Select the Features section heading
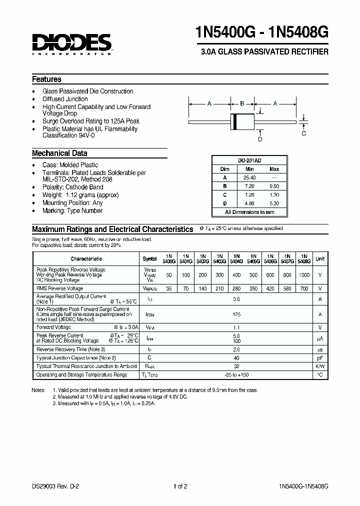46,79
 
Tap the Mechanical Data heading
59,153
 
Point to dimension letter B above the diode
242,103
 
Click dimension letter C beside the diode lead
303,133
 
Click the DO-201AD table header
249,160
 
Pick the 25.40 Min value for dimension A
249,177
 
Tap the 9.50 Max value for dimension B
274,186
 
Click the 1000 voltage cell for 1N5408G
304,275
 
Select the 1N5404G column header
236,258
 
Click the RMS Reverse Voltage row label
60,288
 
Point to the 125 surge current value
236,314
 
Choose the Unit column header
320,258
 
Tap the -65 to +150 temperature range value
236,374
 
